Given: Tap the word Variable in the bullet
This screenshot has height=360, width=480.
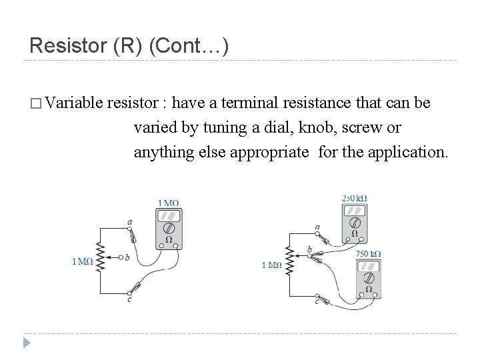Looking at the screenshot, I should tap(75, 104).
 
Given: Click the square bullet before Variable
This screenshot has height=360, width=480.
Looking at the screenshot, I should tap(35, 105).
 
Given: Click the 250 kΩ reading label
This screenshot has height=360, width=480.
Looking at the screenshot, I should tap(355, 198).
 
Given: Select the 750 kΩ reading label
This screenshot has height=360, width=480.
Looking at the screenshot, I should tap(369, 253).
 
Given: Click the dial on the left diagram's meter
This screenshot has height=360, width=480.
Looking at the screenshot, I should tap(169, 227).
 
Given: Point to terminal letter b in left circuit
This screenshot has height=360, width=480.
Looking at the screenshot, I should tap(127, 257).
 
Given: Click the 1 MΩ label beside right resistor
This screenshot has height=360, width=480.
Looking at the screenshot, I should tap(271, 265).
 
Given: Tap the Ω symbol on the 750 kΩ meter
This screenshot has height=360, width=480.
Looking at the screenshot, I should tap(368, 290).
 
